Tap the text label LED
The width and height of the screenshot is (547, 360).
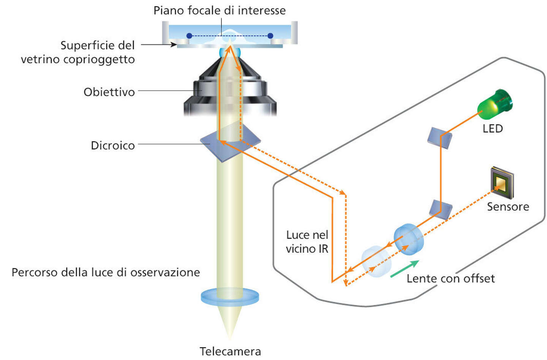(x=493, y=128)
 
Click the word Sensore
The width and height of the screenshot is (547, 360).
(x=508, y=206)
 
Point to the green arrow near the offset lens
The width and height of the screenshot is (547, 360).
(x=405, y=269)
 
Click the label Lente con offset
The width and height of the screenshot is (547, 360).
(x=451, y=278)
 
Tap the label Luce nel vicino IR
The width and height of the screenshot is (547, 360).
(x=307, y=242)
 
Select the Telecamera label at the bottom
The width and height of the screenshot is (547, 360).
(x=230, y=351)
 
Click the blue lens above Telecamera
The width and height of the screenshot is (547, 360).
(x=230, y=297)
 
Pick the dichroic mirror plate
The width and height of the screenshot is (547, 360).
(x=230, y=142)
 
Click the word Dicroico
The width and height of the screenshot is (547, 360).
(x=113, y=145)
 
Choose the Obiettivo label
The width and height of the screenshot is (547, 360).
(x=109, y=92)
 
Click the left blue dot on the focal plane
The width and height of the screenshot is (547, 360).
(x=189, y=36)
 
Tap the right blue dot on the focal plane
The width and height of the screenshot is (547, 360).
(x=270, y=36)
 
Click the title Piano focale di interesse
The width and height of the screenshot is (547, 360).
(x=220, y=10)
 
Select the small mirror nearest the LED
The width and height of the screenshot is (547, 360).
(x=440, y=138)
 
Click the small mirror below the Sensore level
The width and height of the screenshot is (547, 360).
(x=441, y=209)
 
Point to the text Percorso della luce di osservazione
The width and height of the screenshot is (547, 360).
(x=106, y=272)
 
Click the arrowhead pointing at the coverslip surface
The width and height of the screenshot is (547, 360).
(x=174, y=45)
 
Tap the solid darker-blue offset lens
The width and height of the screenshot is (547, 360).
(x=408, y=239)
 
